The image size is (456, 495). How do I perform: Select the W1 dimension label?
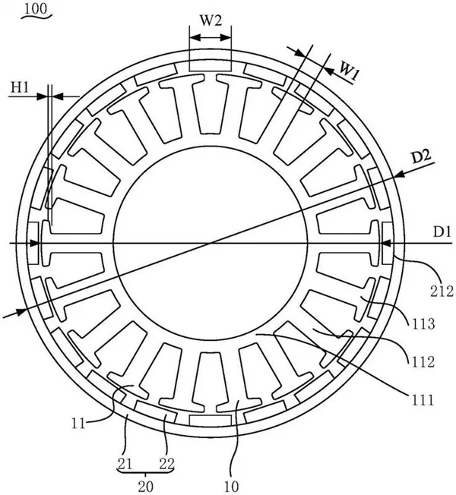(x=349, y=70)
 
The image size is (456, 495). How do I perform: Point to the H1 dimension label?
(x=20, y=89)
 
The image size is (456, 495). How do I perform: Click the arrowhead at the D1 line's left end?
(x=36, y=244)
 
